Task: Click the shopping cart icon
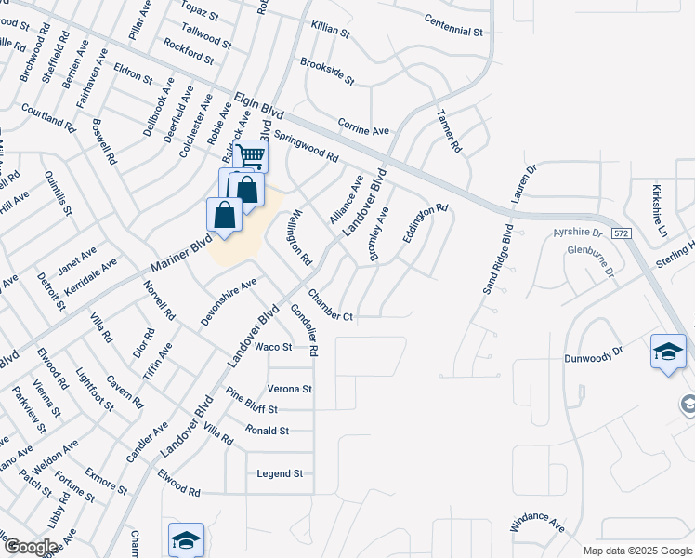click(251, 155)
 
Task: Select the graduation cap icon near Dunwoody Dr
click(668, 352)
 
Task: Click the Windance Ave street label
click(538, 525)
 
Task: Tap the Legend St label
click(280, 473)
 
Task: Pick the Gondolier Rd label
click(304, 330)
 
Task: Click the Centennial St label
click(454, 25)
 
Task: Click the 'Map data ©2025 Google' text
click(638, 551)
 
